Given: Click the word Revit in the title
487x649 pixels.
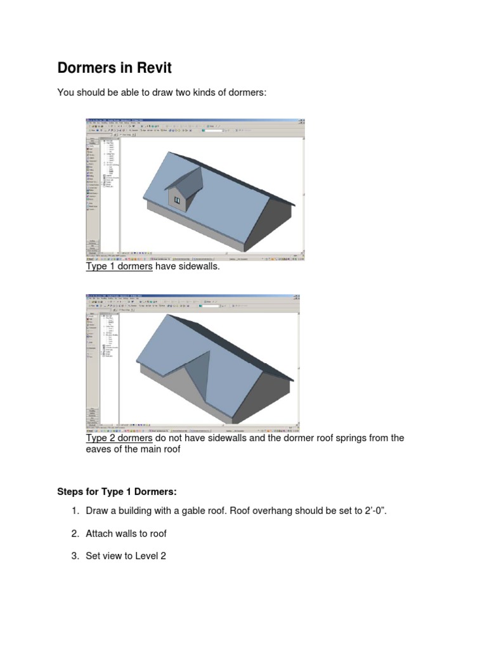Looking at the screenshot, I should point(155,68).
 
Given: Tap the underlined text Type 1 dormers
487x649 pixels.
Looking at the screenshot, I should point(119,267).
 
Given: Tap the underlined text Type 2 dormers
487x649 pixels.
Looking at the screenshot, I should point(119,438).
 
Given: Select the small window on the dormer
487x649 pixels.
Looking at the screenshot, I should point(178,201).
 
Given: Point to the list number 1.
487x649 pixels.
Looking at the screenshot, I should point(74,511).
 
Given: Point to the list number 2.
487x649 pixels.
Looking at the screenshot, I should point(74,534).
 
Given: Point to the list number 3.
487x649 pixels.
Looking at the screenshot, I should point(74,556).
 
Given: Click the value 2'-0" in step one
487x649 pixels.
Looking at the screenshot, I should point(372,511).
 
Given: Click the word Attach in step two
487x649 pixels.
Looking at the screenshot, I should point(100,534).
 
